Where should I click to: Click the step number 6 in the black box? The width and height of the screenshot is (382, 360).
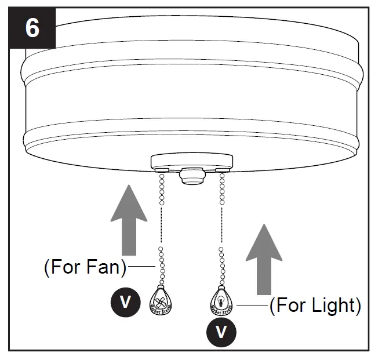[x=32, y=27]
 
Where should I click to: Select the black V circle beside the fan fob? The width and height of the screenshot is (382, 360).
[x=125, y=301]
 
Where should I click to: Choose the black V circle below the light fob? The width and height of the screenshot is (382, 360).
[x=221, y=332]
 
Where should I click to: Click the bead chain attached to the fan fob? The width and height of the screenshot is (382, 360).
[x=162, y=264]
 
